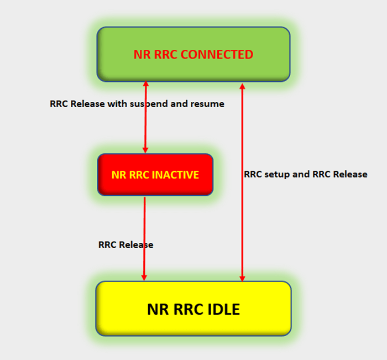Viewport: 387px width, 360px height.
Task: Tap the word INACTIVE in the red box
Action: [174, 175]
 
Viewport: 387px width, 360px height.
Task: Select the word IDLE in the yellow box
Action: [223, 309]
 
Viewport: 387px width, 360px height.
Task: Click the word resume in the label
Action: [206, 103]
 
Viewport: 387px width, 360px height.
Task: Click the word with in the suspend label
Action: [117, 103]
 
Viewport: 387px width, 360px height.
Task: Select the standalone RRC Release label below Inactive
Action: [125, 244]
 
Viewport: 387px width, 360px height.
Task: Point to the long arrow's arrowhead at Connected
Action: [242, 86]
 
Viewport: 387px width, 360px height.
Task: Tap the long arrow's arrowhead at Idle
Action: [242, 277]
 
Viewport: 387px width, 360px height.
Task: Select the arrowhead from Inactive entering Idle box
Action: [144, 277]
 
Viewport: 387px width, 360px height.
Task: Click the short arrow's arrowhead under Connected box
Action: [146, 85]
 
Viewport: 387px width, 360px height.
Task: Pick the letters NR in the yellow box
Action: [158, 309]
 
